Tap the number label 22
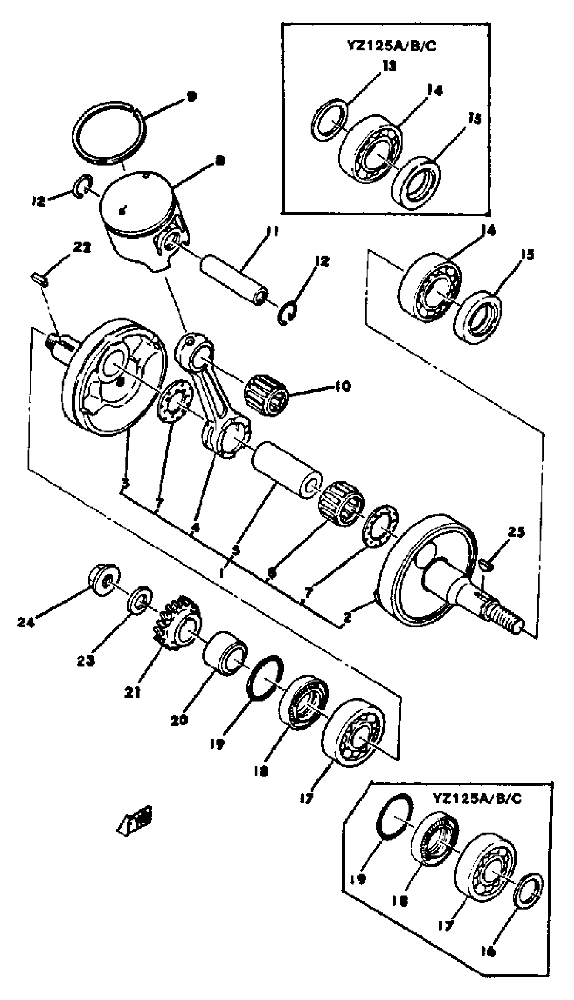pos(82,248)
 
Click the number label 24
pos(27,622)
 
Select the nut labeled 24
pos(104,580)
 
